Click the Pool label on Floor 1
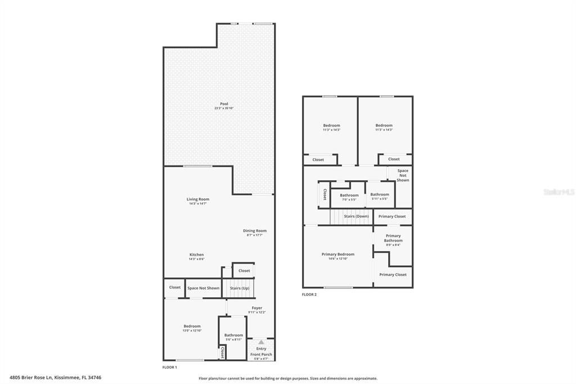point(224,105)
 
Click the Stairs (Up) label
point(239,288)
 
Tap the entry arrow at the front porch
point(261,342)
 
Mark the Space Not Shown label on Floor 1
point(203,288)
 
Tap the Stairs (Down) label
point(356,216)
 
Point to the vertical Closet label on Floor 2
point(325,194)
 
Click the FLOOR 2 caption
point(309,294)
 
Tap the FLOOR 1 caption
point(169,367)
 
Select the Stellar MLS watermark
point(558,192)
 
